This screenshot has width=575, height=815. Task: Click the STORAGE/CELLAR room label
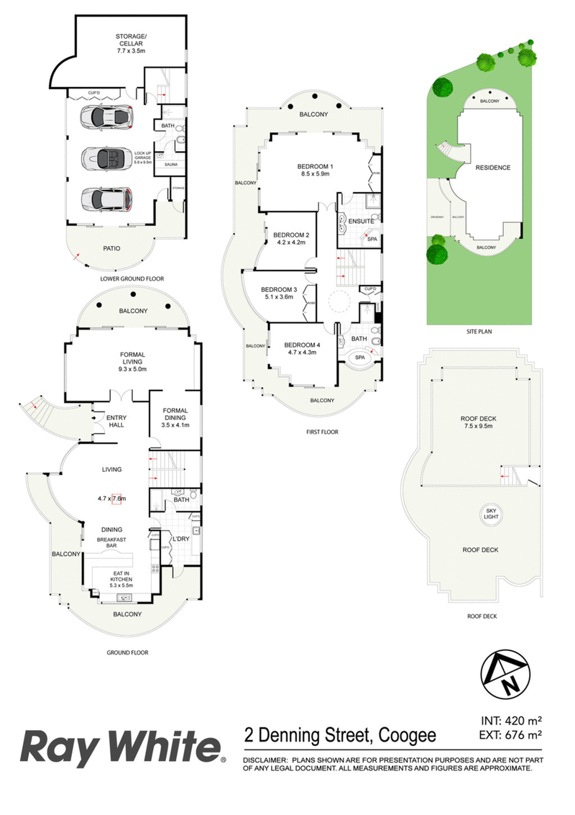pos(132,39)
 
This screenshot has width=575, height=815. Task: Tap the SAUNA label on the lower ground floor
pos(171,165)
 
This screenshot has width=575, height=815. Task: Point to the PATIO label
pos(111,249)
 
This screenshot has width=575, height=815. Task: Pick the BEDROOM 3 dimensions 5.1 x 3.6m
pos(279,296)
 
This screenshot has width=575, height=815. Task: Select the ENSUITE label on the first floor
pos(361,221)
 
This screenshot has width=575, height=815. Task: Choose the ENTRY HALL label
pos(116,421)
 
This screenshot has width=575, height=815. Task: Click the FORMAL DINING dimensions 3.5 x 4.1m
pos(175,425)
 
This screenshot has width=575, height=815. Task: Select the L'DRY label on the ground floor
pos(180,539)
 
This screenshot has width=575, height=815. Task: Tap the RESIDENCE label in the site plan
pos(493,168)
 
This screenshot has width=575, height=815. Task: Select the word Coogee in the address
pos(406,735)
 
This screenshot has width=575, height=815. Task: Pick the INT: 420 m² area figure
pos(510,720)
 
